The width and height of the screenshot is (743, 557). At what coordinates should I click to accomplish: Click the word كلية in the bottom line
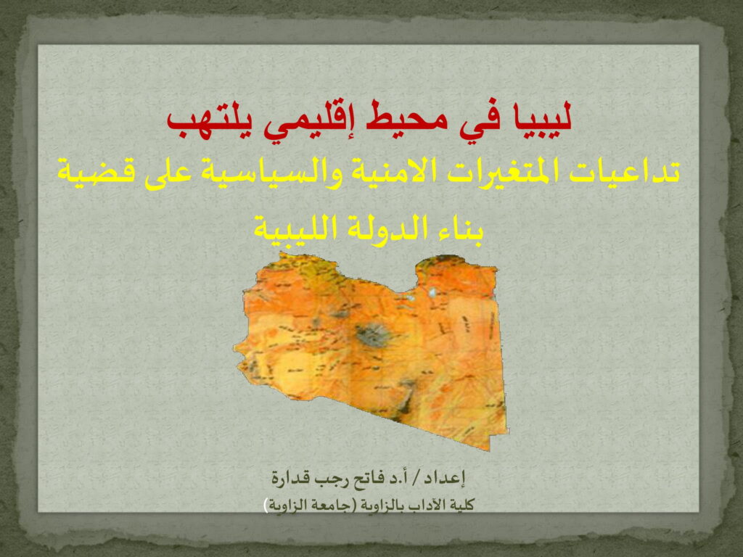point(462,505)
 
